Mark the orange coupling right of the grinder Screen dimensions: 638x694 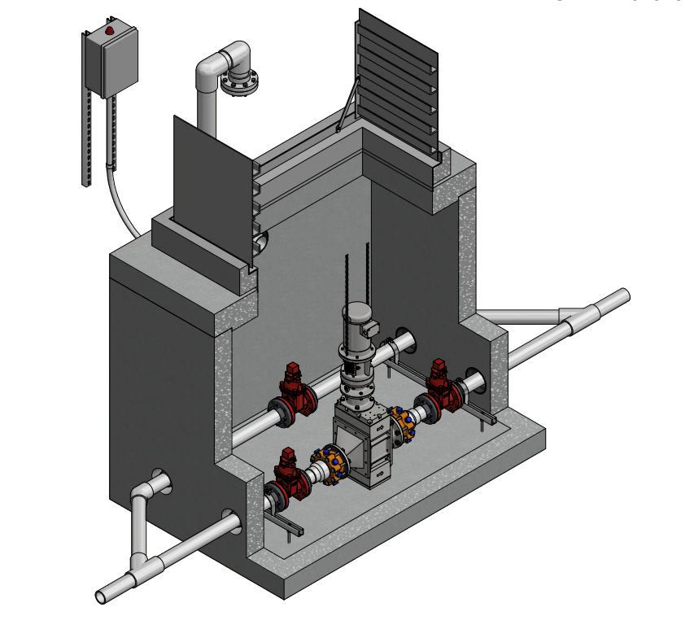(404, 424)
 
